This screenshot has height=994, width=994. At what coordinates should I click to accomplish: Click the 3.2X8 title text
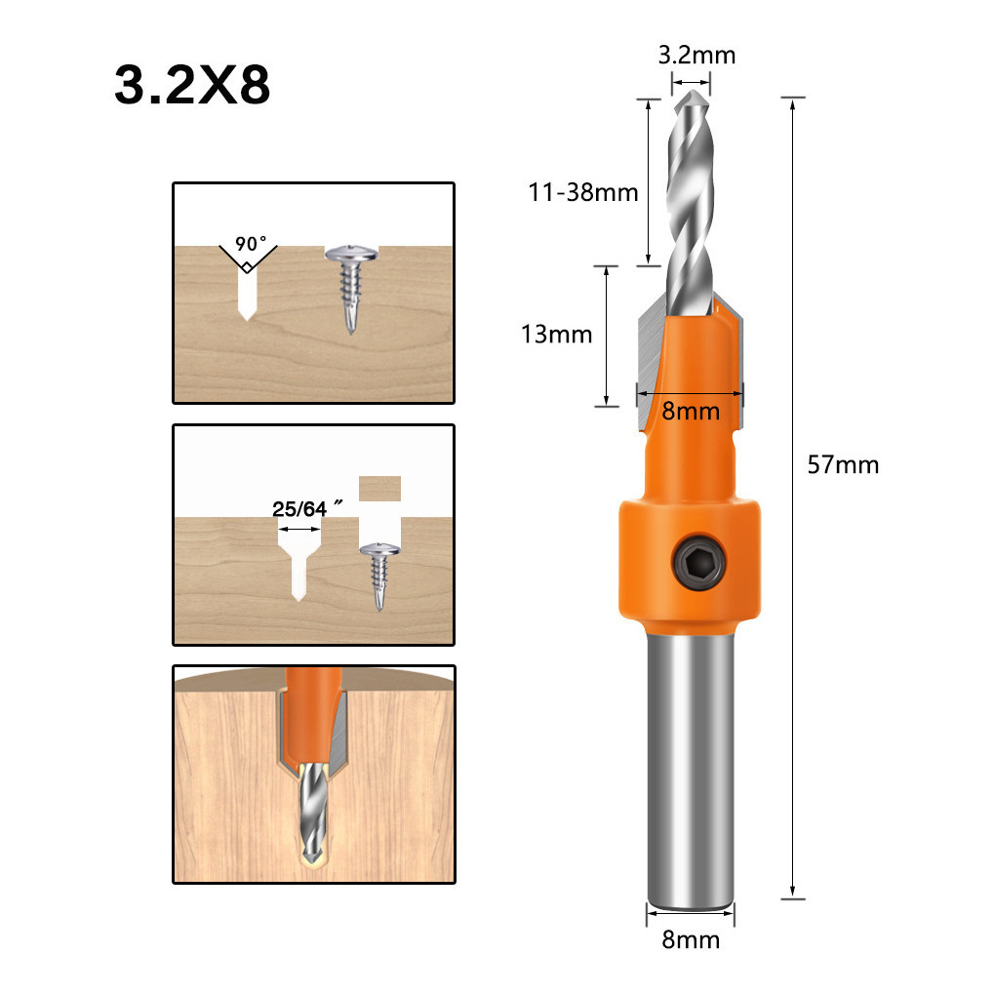click(192, 84)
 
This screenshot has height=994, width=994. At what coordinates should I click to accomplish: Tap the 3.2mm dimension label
click(696, 56)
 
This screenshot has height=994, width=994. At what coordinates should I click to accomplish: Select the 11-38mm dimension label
click(583, 192)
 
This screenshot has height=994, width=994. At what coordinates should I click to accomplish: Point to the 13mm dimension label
click(557, 334)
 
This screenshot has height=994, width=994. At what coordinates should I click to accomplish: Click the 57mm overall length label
click(843, 464)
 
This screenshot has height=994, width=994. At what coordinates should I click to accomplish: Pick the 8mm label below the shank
click(691, 939)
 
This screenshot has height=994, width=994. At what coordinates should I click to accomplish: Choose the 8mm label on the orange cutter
click(691, 412)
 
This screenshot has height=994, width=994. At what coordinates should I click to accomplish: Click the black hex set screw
click(699, 561)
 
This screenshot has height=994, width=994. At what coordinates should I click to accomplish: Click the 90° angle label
click(251, 244)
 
